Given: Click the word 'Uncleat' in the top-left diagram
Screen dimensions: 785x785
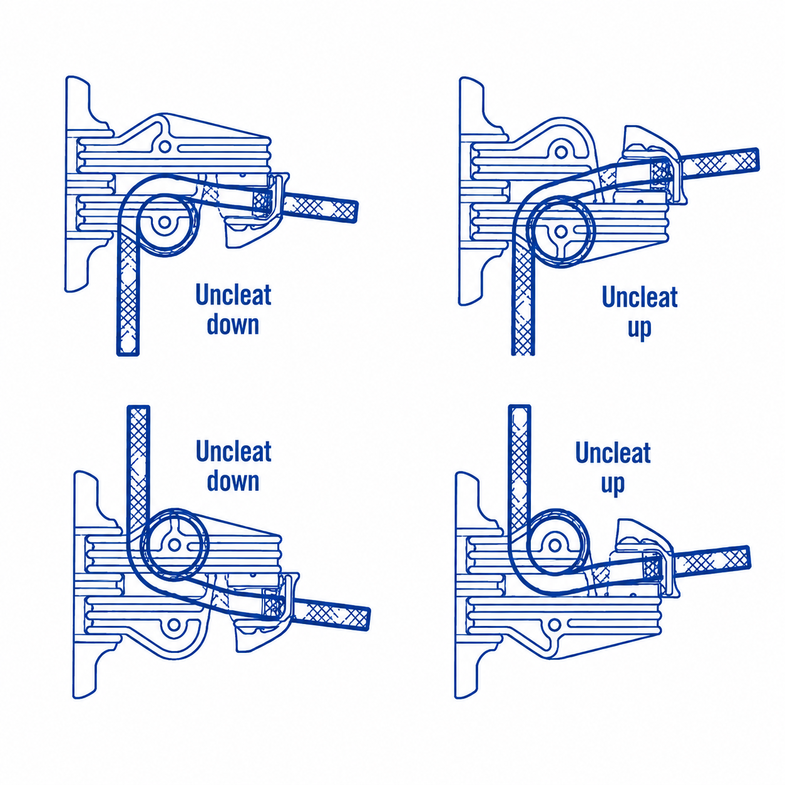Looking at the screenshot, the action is point(233,294).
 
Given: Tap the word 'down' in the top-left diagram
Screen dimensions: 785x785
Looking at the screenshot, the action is point(233,325).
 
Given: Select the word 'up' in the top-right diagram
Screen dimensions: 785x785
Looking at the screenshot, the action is point(639,329).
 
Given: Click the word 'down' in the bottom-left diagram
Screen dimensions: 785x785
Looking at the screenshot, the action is point(233,481).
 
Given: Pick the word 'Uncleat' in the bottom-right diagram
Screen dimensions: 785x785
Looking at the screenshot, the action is point(613,453).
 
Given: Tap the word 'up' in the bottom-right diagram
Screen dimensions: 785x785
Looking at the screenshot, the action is point(613,485).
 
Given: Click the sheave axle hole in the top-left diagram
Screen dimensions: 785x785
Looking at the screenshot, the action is point(165,222).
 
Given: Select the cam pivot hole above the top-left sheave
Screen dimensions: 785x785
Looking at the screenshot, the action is point(165,145).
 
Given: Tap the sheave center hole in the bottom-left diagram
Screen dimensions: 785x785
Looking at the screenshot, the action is point(175,544).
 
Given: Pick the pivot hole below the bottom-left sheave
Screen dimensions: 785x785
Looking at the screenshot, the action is point(174,624).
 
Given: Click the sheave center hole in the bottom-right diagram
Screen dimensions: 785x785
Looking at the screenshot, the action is point(555,544).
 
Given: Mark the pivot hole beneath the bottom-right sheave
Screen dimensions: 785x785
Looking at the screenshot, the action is point(554,623).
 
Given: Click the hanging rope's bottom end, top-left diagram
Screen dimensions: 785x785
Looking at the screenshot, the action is point(128,354).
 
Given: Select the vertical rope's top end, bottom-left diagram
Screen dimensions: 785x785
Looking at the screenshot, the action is point(138,408).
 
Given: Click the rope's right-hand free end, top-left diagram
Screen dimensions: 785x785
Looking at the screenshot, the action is point(355,212).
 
